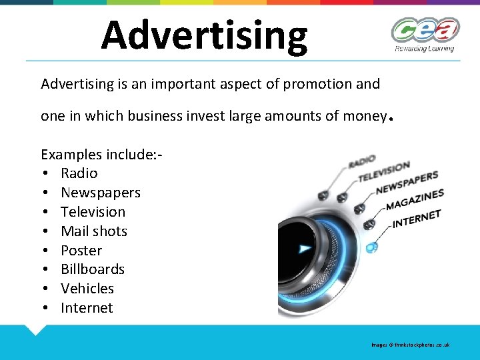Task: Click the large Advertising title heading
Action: [x=204, y=35]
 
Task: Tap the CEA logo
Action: [x=425, y=30]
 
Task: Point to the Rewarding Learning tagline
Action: [x=424, y=48]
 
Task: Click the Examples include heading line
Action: [x=101, y=154]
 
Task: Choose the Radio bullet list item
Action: [x=79, y=173]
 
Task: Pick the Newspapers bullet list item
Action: [x=100, y=193]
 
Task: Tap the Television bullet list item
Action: [x=93, y=212]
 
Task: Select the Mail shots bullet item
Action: [x=93, y=231]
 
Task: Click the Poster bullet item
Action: [x=81, y=251]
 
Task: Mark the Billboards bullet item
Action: [x=93, y=269]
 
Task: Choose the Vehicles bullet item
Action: [x=87, y=289]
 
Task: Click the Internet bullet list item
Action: [x=87, y=308]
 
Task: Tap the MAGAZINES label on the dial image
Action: [x=415, y=199]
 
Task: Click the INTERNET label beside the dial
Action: [x=417, y=218]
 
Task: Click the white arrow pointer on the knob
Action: [x=305, y=248]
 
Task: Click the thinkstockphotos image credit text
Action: [x=411, y=345]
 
